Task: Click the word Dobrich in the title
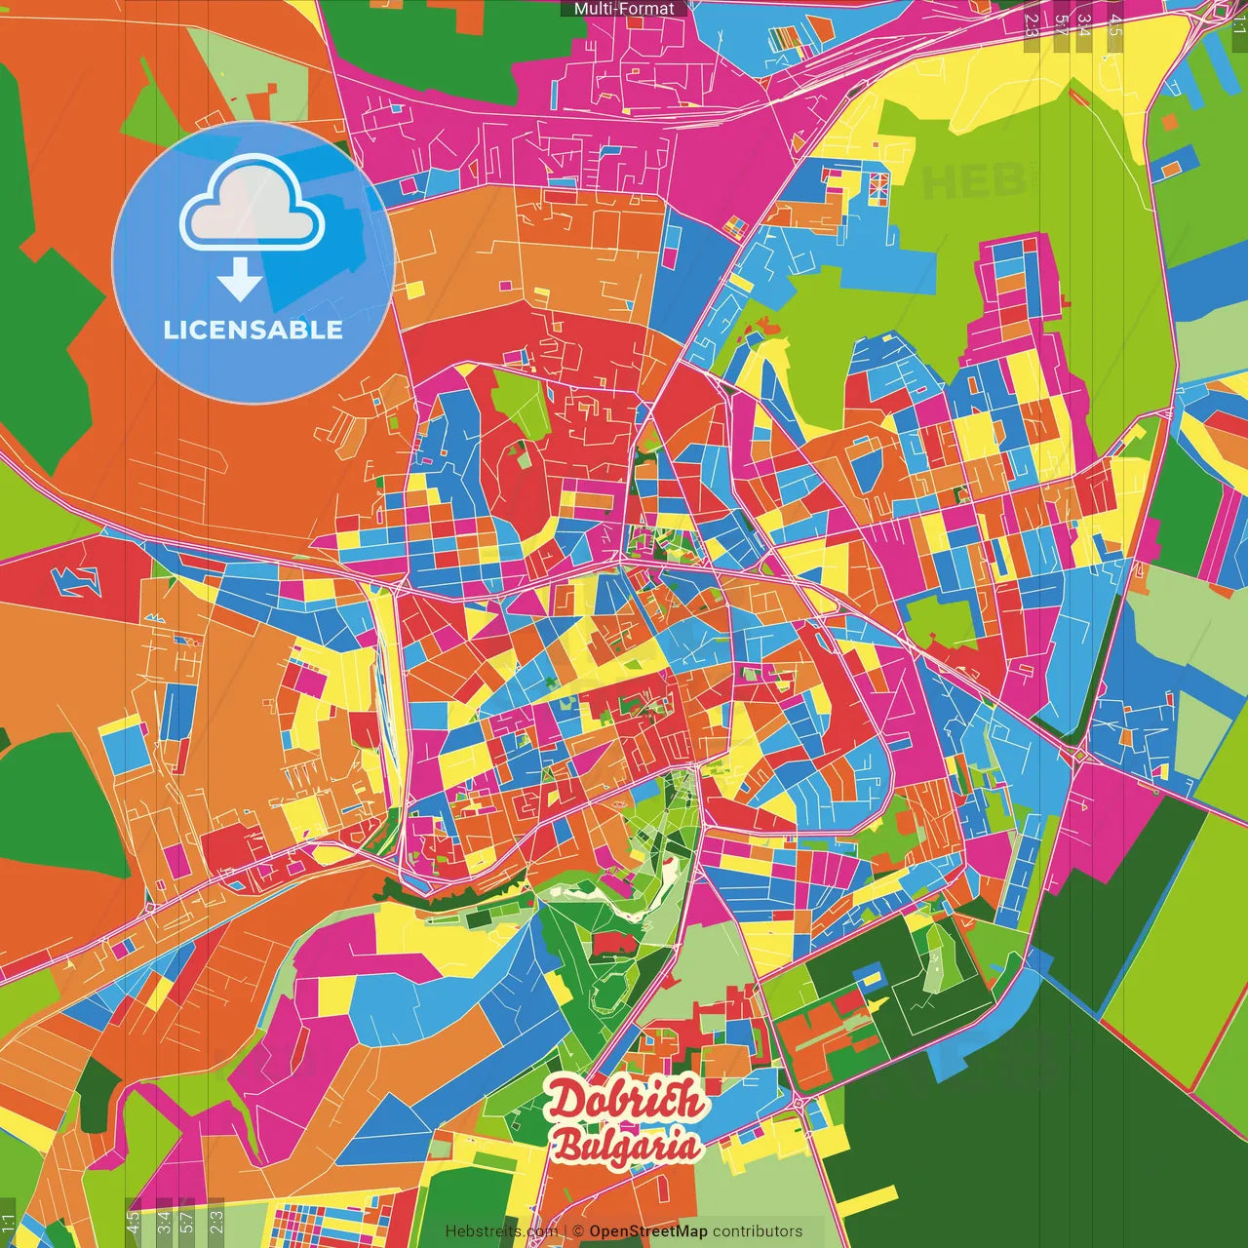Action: pyautogui.click(x=625, y=1100)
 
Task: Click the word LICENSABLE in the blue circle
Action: pyautogui.click(x=253, y=330)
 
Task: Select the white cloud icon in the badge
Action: pyautogui.click(x=253, y=202)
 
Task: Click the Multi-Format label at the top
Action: pyautogui.click(x=624, y=9)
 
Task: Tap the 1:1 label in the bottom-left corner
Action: pyautogui.click(x=9, y=1224)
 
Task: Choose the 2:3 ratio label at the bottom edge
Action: pyautogui.click(x=215, y=1222)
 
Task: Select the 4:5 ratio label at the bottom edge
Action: pyautogui.click(x=134, y=1222)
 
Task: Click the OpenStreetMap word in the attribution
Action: pyautogui.click(x=648, y=1231)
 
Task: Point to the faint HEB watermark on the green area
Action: pyautogui.click(x=960, y=182)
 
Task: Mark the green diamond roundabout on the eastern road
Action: pyautogui.click(x=1080, y=753)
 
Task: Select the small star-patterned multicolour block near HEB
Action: pyautogui.click(x=878, y=186)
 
